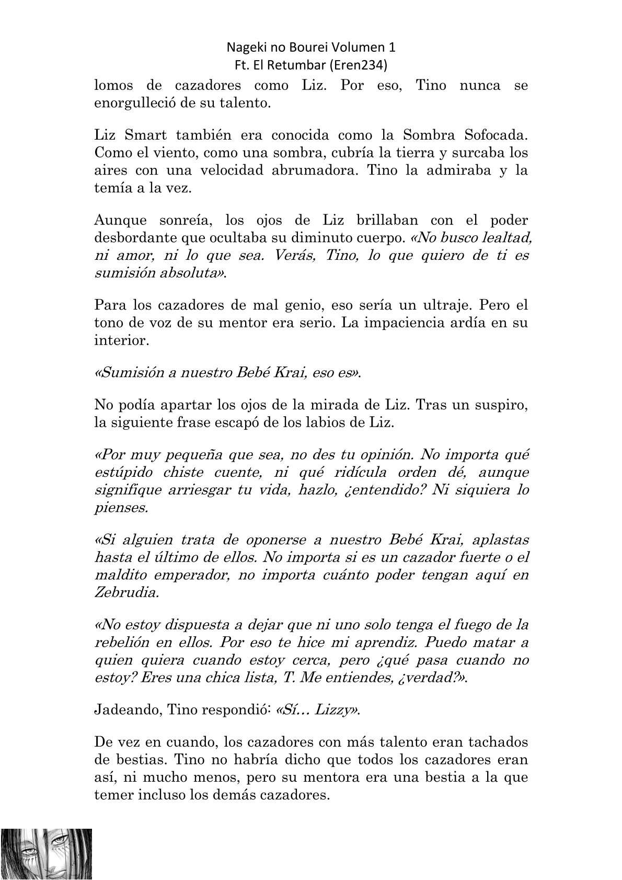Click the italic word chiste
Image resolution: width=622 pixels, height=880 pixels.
[x=188, y=472]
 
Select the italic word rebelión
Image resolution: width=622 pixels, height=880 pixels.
[x=121, y=642]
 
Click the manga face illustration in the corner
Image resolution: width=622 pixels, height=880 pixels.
[x=47, y=854]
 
